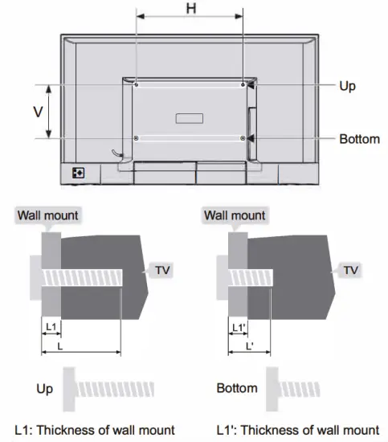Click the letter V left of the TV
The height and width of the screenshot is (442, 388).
point(37,112)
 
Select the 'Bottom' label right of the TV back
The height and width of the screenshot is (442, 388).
point(359,139)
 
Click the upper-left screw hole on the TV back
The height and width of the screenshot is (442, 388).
point(137,84)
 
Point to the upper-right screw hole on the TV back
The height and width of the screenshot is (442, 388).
point(243,84)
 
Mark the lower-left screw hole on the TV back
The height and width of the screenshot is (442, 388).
point(137,138)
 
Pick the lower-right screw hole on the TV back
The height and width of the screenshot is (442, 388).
point(243,138)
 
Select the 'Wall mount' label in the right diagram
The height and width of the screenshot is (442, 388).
point(234,215)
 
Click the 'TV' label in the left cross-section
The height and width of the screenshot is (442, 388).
point(162,271)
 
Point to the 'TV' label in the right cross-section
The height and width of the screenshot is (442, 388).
point(350,271)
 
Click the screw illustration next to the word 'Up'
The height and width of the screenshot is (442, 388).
point(116,389)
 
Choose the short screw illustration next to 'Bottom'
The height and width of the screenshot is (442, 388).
point(294,389)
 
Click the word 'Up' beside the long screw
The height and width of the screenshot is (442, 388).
point(45,389)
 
